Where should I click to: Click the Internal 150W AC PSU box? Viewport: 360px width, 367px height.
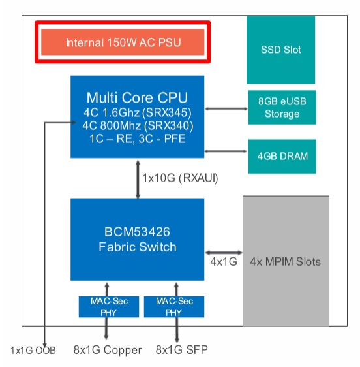pos(123,43)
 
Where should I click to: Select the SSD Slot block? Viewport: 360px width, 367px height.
pos(280,49)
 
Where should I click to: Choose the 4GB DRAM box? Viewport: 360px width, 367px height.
pos(282,156)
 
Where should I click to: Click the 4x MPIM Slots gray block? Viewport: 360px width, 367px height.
pos(286,261)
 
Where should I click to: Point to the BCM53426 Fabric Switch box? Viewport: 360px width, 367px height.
pos(137,240)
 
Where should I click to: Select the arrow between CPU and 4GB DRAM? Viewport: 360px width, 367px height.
pos(226,151)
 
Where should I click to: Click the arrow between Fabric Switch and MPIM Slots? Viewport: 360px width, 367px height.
pos(223,252)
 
